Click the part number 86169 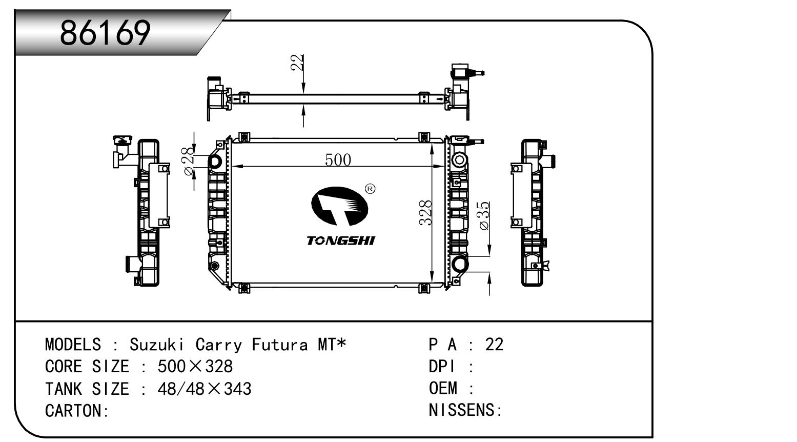point(106,33)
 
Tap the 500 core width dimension point(338,160)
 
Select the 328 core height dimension point(425,212)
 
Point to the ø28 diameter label point(189,160)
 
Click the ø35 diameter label point(484,215)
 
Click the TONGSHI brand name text point(341,240)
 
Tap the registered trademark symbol point(370,189)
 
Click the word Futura point(279,344)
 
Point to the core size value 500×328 point(195,367)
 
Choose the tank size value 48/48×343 point(205,389)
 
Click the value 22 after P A point(494,344)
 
